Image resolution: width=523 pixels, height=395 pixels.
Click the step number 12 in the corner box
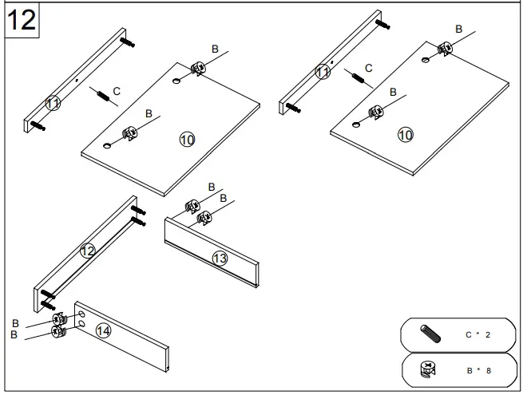pos(22,20)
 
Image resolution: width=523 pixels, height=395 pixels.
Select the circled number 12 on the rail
pos(88,251)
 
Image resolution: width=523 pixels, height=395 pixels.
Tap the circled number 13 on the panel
pos(220,258)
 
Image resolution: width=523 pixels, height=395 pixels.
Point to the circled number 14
pos(103,330)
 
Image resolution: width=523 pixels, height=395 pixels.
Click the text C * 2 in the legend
pos(477,334)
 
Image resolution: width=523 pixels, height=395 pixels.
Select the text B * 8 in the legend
pos(477,370)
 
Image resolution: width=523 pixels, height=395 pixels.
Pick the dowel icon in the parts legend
pos(430,334)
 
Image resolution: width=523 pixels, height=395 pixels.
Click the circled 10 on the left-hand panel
pos(187,140)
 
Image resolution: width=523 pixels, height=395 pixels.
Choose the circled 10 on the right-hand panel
pos(406,135)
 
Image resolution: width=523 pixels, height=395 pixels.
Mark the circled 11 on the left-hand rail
pos(53,103)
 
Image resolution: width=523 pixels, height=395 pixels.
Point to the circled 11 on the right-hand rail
pos(323,72)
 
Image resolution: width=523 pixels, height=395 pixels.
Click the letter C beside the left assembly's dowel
pos(117,92)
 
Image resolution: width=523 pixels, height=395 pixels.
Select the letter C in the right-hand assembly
pos(368,69)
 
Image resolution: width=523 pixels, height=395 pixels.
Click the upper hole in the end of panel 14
pos(82,316)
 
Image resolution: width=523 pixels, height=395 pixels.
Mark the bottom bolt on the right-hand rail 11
pos(293,107)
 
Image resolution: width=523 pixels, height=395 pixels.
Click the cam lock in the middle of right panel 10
pos(374,113)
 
